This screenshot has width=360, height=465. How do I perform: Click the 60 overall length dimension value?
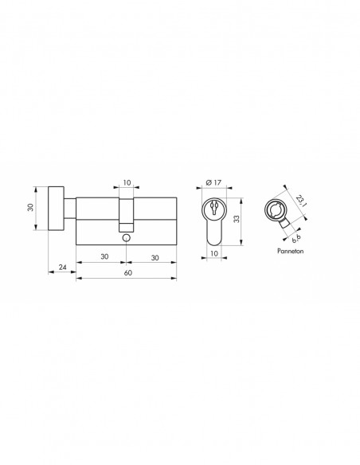point(127,272)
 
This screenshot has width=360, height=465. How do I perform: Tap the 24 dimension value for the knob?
point(63,268)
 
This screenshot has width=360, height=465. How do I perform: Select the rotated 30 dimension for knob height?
point(30,207)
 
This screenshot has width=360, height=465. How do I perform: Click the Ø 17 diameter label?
point(213,182)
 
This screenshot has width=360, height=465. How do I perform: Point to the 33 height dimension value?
point(237,219)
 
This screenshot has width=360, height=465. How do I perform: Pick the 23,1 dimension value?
point(301,201)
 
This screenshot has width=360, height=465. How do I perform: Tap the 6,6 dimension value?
point(296,238)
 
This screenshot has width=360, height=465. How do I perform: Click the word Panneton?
point(291,251)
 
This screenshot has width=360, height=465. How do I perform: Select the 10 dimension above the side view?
point(127,182)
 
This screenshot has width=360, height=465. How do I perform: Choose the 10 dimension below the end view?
point(213,253)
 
